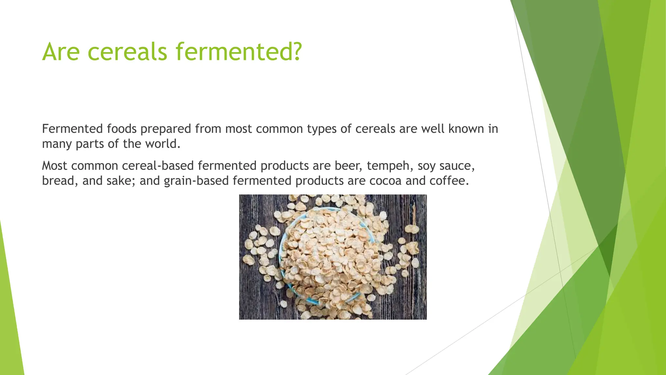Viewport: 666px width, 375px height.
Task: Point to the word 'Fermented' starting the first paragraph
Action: coord(68,129)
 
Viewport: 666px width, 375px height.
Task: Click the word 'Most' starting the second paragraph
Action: coord(54,166)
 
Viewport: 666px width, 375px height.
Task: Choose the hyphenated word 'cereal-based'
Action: coord(158,166)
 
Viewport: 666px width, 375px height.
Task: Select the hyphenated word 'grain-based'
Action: coord(196,180)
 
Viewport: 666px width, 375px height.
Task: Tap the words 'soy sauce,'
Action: coord(446,166)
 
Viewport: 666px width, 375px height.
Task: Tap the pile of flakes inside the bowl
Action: coord(328,254)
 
